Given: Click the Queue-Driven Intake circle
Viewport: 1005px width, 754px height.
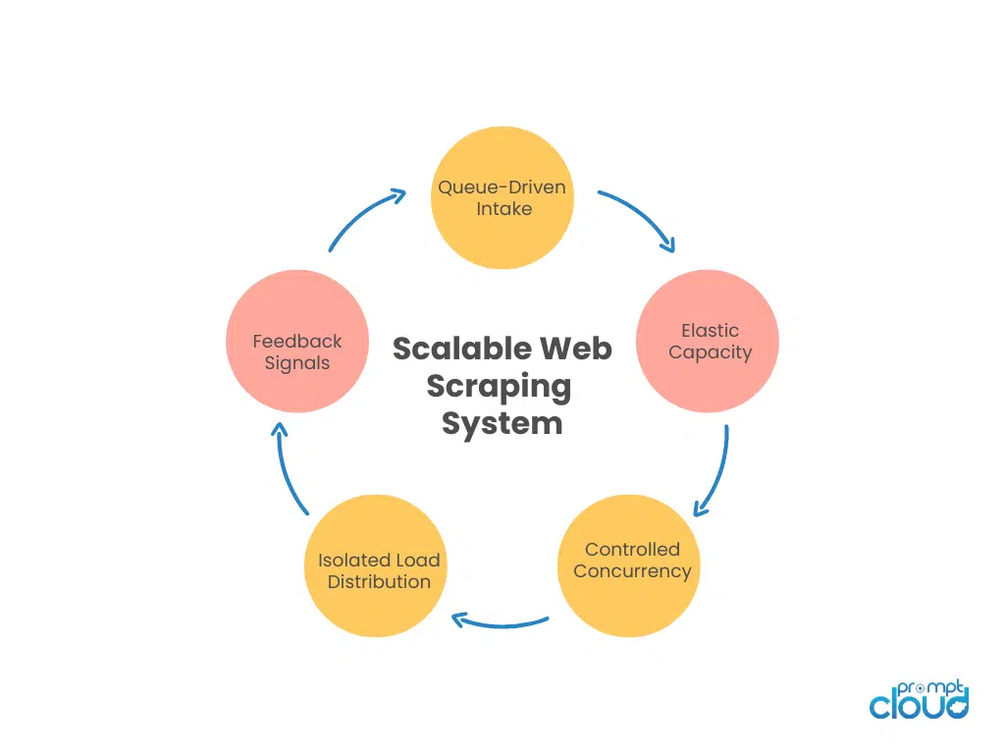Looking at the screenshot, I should point(502,197).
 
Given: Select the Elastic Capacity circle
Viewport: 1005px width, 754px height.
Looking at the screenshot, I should point(708,341).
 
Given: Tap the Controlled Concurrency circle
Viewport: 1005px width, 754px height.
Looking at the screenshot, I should point(629,565).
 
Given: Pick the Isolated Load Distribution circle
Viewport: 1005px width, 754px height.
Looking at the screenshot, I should point(377,565).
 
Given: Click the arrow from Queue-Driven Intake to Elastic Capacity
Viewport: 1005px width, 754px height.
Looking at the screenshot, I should point(640,217).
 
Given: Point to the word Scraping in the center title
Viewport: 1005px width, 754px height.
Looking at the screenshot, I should point(499,386).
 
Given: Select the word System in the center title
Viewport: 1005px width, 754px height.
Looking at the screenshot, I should point(502,423).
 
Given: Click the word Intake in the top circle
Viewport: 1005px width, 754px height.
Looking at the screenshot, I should point(503,208).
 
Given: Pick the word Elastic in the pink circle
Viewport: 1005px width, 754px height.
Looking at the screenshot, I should point(710,331).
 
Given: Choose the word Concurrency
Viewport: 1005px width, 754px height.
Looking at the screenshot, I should point(632,571).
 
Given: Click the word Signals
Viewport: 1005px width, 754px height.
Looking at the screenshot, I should point(297,362).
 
